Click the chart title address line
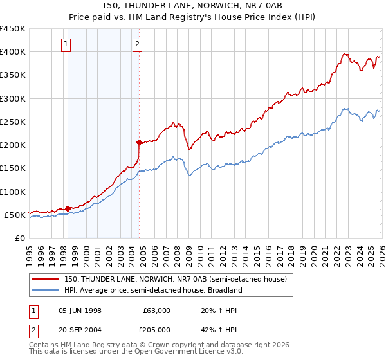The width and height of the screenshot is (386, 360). click(x=192, y=6)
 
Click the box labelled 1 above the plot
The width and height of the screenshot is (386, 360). click(x=67, y=44)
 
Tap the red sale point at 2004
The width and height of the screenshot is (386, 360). click(x=139, y=142)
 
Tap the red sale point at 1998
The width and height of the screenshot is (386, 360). click(x=68, y=208)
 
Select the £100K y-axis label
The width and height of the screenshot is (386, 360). click(x=13, y=192)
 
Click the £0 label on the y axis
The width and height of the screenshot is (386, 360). click(x=19, y=238)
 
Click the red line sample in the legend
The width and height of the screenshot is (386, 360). click(x=46, y=279)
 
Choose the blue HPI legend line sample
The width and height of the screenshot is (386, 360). click(x=46, y=290)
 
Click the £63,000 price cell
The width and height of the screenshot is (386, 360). click(x=157, y=310)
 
